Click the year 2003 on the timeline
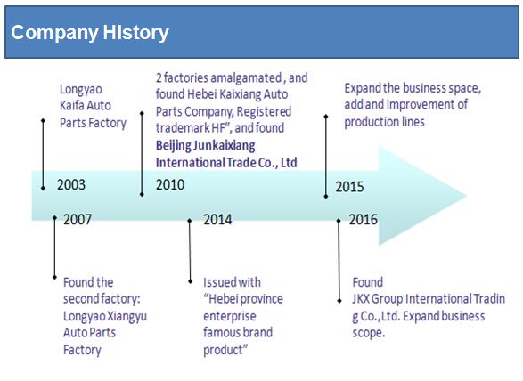click(71, 184)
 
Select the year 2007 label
click(78, 219)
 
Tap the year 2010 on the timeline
click(170, 184)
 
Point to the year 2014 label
click(217, 219)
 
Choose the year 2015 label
click(349, 187)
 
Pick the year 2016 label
click(363, 219)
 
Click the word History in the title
click(135, 33)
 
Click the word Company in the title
click(55, 33)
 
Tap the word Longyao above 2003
click(81, 90)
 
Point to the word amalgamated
click(246, 78)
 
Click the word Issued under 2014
click(217, 282)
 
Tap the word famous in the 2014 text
click(222, 332)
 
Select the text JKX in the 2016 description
click(361, 299)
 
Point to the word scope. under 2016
click(369, 333)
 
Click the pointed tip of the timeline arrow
click(466, 196)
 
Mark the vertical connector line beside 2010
click(142, 154)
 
